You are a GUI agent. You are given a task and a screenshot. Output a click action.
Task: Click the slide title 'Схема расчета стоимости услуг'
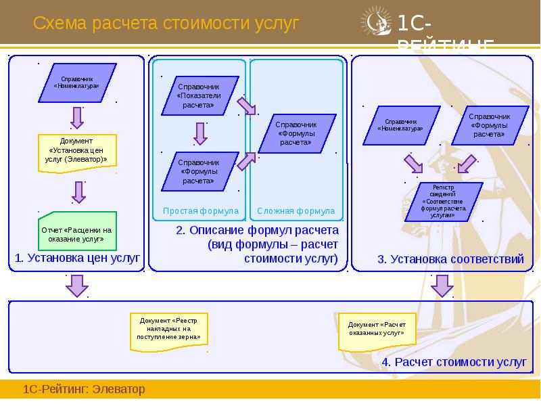[x=166, y=24]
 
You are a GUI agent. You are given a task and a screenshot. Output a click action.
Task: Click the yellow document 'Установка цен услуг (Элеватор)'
[x=78, y=150]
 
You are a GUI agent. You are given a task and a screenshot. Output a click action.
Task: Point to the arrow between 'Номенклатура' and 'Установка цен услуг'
[x=78, y=117]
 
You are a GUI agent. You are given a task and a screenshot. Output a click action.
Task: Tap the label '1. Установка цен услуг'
[x=77, y=258]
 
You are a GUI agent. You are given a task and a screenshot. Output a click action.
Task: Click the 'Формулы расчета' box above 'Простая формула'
[x=199, y=172]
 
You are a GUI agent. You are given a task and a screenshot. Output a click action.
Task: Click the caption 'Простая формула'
[x=201, y=211]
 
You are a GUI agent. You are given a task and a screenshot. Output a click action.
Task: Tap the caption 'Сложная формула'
[x=296, y=211]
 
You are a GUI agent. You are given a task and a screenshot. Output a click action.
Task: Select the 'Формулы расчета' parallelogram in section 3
[x=490, y=125]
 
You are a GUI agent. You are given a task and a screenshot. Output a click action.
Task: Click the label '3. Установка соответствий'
[x=450, y=259]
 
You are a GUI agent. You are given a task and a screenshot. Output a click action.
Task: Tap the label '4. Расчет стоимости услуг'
[x=454, y=362]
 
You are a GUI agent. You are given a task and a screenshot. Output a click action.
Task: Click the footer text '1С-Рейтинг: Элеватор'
[x=85, y=390]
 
